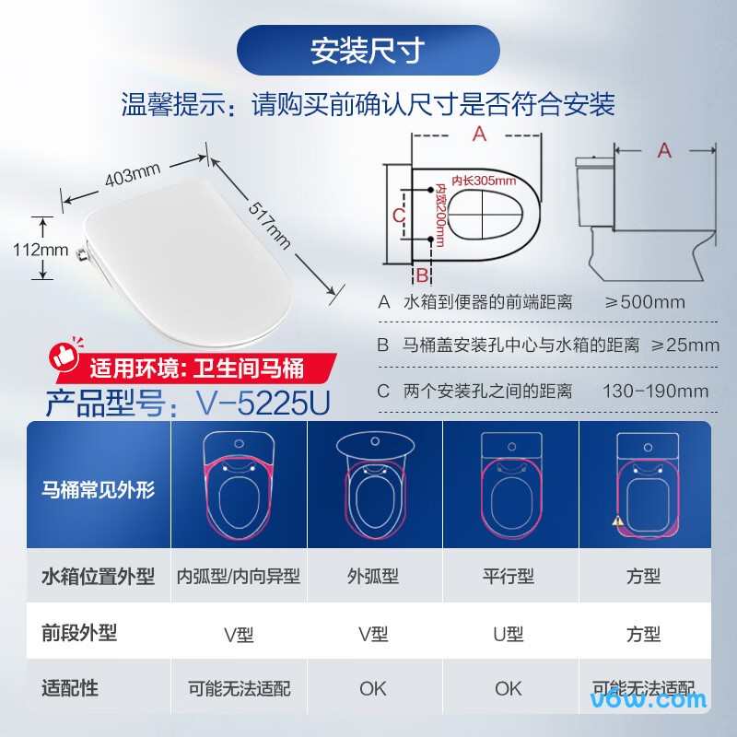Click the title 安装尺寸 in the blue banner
coord(368,51)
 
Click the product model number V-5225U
coord(262,402)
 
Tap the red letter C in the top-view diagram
coord(398,215)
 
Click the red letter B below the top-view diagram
coord(421,275)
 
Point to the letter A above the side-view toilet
coord(664,151)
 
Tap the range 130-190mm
coord(655,391)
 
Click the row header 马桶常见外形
coord(98,489)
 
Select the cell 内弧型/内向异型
coord(239,577)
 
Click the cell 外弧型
coord(373,577)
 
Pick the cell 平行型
coord(508,577)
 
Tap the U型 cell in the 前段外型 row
coord(508,634)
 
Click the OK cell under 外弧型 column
coord(373,688)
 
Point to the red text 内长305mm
coord(464,181)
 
